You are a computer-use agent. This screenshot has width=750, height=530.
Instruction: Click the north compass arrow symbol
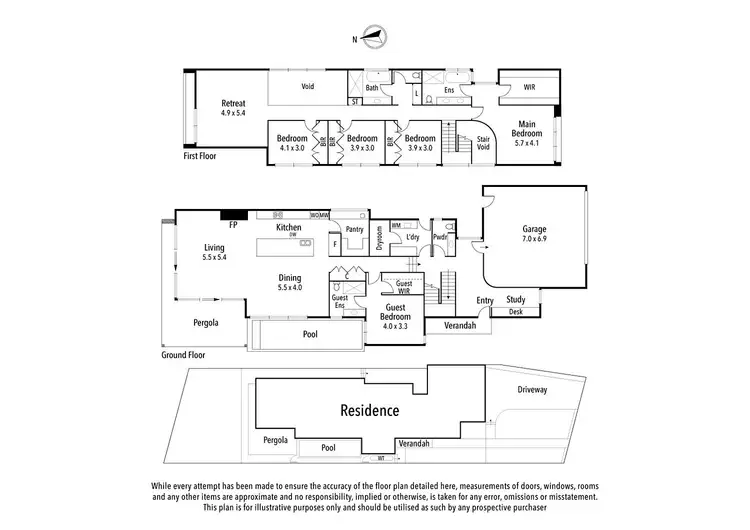[x=376, y=38]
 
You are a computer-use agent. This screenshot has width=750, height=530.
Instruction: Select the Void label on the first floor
[x=308, y=86]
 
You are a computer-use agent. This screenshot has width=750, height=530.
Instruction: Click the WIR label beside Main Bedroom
[x=529, y=88]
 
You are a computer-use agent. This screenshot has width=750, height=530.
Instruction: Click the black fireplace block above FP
[x=233, y=215]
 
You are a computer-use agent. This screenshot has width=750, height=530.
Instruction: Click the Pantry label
[x=353, y=229]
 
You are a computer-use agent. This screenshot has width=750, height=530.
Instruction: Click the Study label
[x=516, y=299]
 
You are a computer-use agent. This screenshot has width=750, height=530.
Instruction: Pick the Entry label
[x=485, y=299]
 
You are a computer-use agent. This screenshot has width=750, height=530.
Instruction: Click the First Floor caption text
[x=200, y=156]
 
